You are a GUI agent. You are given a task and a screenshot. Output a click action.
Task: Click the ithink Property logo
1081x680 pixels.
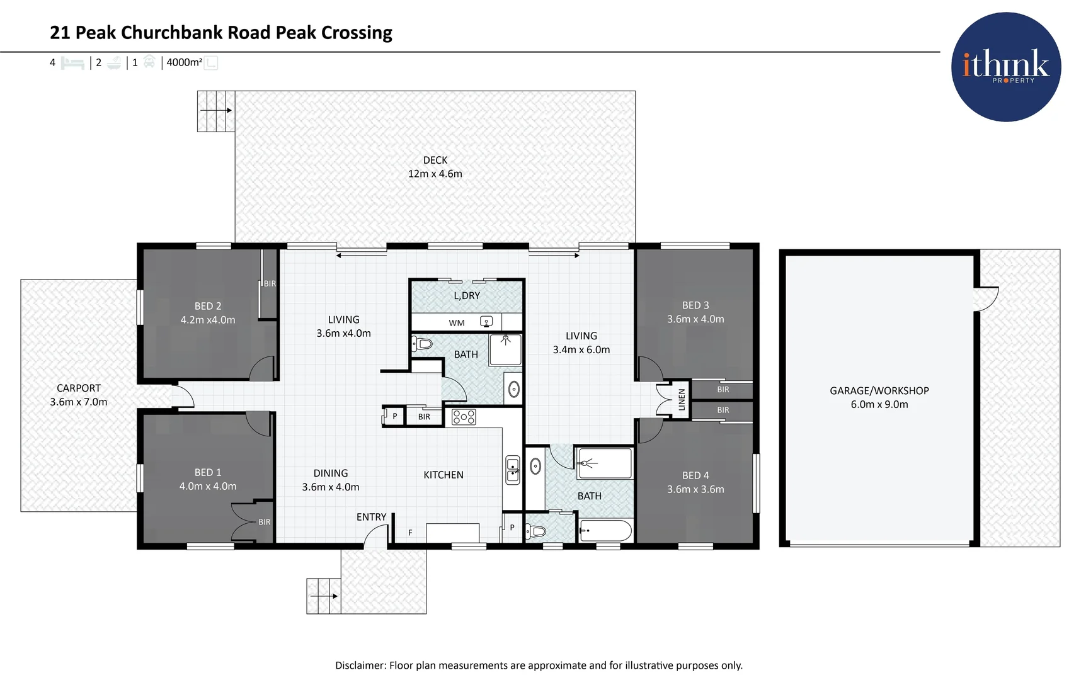(x=1006, y=67)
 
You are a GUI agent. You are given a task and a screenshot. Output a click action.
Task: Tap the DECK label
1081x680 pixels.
(x=435, y=161)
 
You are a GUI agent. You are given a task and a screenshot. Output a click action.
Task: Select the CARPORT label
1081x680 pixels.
(x=79, y=388)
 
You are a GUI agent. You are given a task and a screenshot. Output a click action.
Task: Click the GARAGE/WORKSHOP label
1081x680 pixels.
(x=879, y=391)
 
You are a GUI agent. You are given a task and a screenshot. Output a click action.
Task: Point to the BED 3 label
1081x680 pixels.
(x=695, y=305)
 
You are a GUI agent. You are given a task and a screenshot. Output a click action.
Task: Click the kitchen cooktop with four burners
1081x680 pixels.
(x=464, y=417)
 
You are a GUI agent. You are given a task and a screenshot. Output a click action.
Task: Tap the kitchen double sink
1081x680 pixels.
(x=513, y=470)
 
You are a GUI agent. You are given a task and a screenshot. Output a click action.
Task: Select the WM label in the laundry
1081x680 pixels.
(x=457, y=323)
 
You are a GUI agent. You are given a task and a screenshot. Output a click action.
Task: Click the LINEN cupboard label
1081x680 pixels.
(x=681, y=400)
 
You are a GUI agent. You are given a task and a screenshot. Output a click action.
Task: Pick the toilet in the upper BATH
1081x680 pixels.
(x=422, y=344)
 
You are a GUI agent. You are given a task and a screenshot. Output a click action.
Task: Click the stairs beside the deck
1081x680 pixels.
(x=216, y=111)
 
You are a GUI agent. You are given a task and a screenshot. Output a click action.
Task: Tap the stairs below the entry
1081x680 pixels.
(x=324, y=596)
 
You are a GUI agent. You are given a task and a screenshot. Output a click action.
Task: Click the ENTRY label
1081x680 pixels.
(x=372, y=517)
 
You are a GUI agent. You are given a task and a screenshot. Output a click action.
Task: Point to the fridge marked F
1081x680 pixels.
(x=410, y=533)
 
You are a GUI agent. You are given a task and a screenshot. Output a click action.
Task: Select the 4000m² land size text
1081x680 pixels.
(x=184, y=62)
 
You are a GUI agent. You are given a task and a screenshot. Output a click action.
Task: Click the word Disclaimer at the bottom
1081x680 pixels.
(x=360, y=666)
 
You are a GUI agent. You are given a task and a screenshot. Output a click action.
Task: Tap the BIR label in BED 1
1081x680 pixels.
(x=265, y=522)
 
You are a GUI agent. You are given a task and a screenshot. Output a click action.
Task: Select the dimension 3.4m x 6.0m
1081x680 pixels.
(x=581, y=350)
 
